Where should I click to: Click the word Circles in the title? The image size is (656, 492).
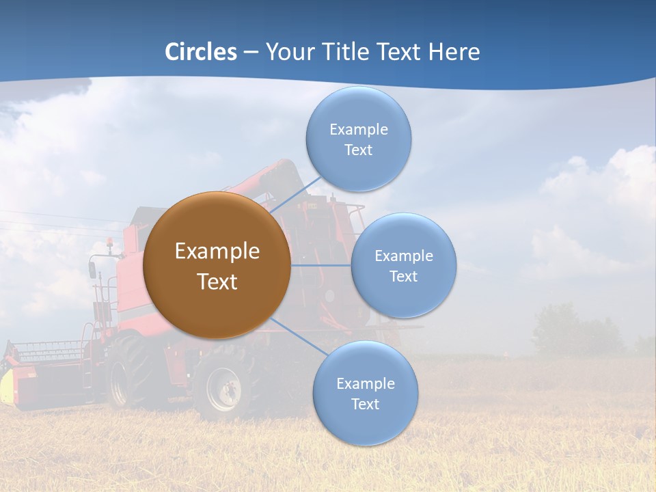[200, 52]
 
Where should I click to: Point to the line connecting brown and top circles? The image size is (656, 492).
[295, 194]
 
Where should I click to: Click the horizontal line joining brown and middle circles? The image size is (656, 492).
[320, 265]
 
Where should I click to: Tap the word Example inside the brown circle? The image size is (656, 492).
[217, 251]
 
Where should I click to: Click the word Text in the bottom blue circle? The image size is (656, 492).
[365, 404]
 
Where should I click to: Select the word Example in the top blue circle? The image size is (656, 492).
[358, 129]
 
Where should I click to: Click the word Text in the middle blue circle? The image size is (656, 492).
[403, 276]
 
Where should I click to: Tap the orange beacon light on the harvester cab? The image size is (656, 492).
[109, 242]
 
